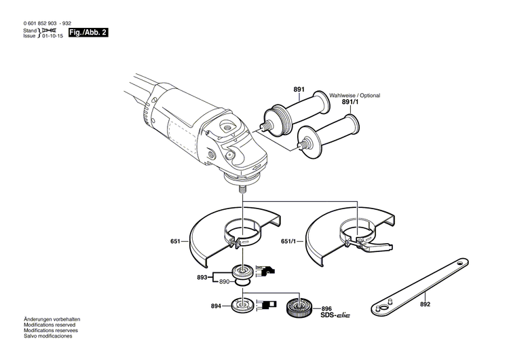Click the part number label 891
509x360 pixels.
point(299,90)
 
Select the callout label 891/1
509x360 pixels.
point(352,103)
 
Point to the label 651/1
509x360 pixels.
point(289,241)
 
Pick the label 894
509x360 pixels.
point(216,306)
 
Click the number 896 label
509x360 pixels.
point(326,308)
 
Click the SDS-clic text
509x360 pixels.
point(335,314)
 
